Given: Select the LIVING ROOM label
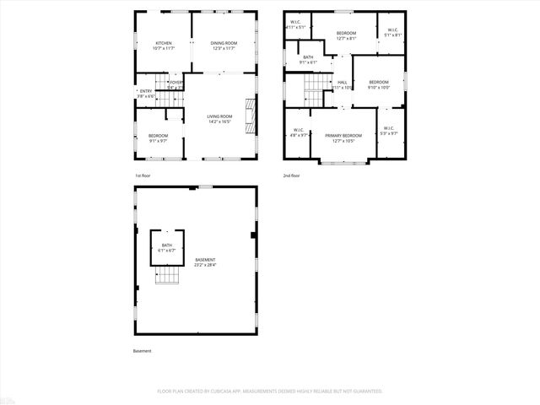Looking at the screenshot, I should [x=219, y=119].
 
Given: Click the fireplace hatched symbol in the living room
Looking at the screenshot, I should [x=250, y=116].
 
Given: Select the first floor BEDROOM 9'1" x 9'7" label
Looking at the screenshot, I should [x=159, y=138].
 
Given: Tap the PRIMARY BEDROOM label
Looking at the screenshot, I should [x=343, y=138].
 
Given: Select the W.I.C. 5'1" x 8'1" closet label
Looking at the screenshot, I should [x=392, y=32].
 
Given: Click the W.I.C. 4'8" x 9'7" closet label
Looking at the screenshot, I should [x=299, y=132].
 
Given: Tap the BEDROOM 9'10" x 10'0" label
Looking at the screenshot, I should [x=379, y=84].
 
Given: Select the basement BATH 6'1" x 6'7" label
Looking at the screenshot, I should [x=166, y=247].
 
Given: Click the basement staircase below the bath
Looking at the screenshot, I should [x=168, y=277].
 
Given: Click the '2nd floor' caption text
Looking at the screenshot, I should [x=292, y=175].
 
